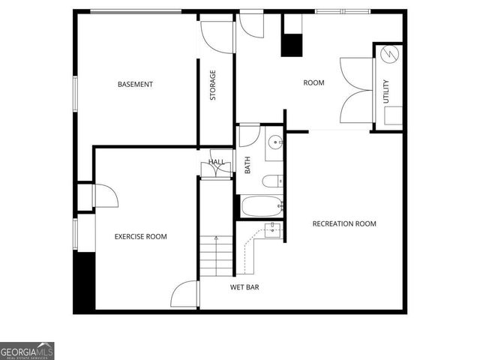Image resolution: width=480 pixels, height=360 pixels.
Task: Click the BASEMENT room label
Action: pyautogui.click(x=135, y=84)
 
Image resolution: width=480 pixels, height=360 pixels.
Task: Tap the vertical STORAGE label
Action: pyautogui.click(x=213, y=85)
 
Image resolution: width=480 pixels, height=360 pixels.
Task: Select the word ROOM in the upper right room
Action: pyautogui.click(x=313, y=82)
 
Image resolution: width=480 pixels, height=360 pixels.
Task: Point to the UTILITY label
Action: pyautogui.click(x=386, y=91)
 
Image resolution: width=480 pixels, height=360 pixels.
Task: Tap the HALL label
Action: pyautogui.click(x=216, y=161)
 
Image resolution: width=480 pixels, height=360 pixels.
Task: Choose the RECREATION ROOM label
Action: pyautogui.click(x=344, y=223)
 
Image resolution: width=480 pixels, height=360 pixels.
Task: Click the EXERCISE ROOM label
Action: pyautogui.click(x=140, y=236)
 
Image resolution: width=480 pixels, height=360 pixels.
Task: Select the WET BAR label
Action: pyautogui.click(x=244, y=286)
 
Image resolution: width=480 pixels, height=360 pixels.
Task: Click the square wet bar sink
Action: pyautogui.click(x=273, y=229)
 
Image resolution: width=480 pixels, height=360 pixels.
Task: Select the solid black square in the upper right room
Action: pyautogui.click(x=291, y=44)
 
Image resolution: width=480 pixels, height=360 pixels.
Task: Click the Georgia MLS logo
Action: pyautogui.click(x=27, y=350)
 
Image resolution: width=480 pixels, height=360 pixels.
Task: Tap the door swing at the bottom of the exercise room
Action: pyautogui.click(x=184, y=295)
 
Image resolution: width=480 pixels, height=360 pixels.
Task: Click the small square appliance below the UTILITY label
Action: pyautogui.click(x=393, y=115)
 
